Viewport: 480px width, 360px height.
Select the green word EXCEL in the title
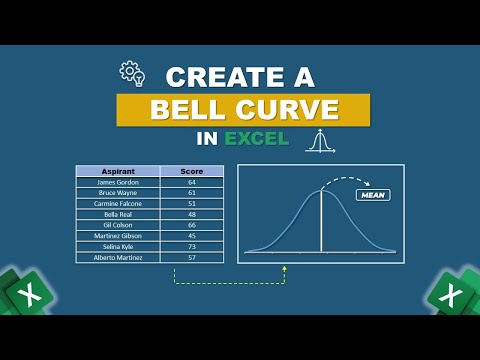pyautogui.click(x=257, y=138)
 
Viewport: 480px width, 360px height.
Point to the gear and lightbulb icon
pyautogui.click(x=133, y=73)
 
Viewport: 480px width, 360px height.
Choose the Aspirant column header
pyautogui.click(x=118, y=171)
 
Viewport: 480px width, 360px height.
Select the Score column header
pyautogui.click(x=191, y=171)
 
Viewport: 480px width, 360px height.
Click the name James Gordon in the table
pyautogui.click(x=118, y=182)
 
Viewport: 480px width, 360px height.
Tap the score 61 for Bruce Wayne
pyautogui.click(x=191, y=193)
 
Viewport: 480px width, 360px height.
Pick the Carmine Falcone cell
pyautogui.click(x=118, y=203)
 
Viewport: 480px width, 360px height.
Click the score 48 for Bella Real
pyautogui.click(x=191, y=214)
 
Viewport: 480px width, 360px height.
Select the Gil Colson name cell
pyautogui.click(x=118, y=225)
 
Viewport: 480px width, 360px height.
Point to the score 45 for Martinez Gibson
pyautogui.click(x=191, y=236)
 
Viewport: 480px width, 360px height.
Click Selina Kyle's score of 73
pyautogui.click(x=191, y=246)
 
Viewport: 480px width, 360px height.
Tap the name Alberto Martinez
pyautogui.click(x=118, y=257)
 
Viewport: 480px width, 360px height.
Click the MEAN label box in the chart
pyautogui.click(x=371, y=195)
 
